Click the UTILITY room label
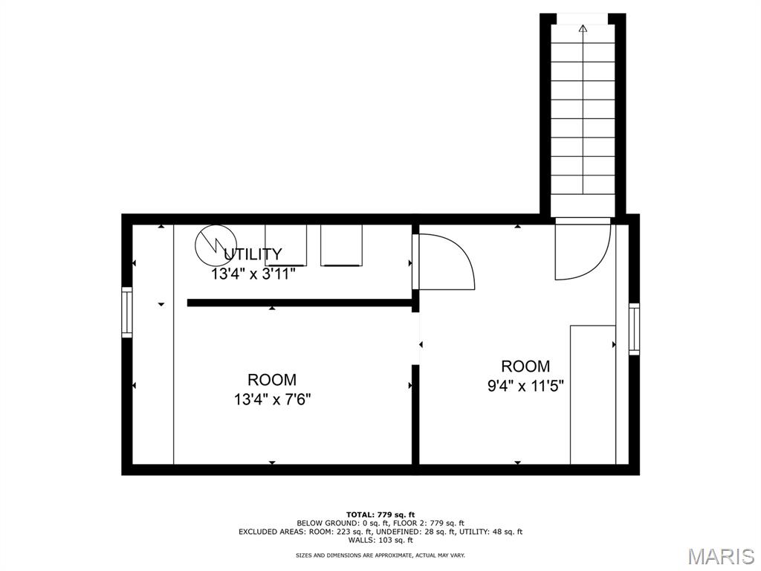click(253, 254)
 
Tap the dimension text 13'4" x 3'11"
click(253, 274)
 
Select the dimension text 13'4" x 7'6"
click(272, 399)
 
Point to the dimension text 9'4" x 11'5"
click(525, 386)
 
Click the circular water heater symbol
click(216, 245)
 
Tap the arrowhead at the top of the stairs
click(583, 28)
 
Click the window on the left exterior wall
click(126, 312)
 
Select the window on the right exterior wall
click(634, 329)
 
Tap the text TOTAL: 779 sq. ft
click(380, 514)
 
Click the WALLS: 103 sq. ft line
click(380, 540)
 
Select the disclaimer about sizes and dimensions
click(380, 555)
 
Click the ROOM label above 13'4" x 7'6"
click(272, 379)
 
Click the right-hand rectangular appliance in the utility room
click(341, 245)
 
